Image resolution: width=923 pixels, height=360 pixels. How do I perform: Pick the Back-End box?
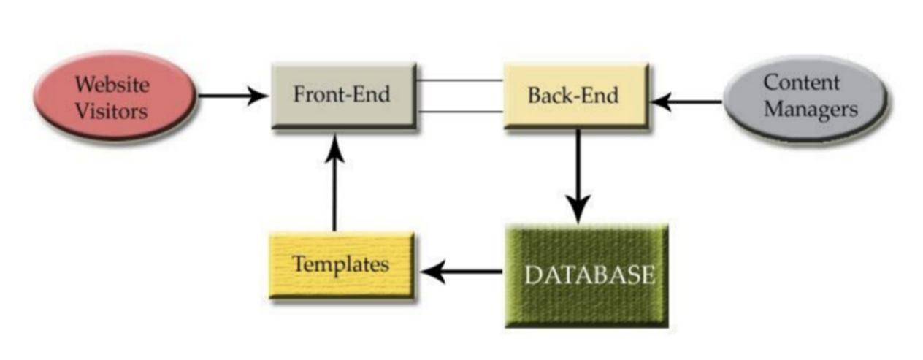point(575,95)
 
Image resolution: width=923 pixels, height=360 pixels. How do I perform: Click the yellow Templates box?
point(341,264)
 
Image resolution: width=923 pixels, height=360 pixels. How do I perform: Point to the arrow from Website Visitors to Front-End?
point(232,95)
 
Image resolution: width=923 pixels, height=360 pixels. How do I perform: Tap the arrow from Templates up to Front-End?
point(334,183)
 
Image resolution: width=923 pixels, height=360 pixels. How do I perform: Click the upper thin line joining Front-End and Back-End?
point(459,80)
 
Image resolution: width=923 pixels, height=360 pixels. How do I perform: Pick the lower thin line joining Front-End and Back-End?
point(459,112)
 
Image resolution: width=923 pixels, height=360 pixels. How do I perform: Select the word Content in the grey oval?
point(801,83)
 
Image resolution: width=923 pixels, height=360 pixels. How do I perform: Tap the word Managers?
point(811,110)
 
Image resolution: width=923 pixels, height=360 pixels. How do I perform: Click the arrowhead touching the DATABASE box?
point(578,212)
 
